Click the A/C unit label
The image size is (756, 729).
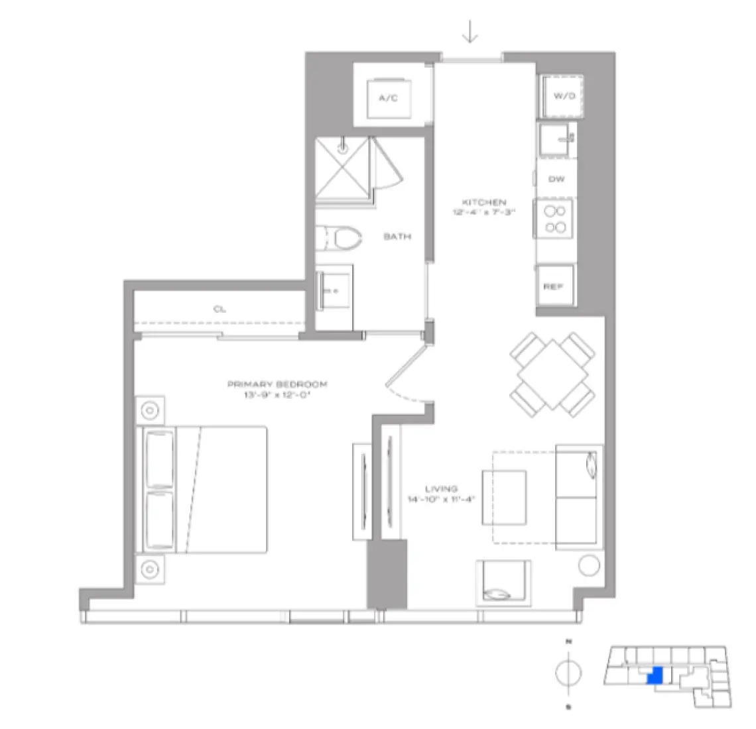click(387, 99)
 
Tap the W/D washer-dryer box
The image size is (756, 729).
click(563, 96)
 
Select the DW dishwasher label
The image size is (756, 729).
click(556, 180)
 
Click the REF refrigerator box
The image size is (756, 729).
click(554, 286)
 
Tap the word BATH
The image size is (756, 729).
click(397, 236)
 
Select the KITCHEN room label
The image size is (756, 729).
click(484, 202)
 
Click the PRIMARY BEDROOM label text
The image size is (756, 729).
click(277, 384)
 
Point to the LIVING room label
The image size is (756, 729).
click(441, 489)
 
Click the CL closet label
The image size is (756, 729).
click(220, 309)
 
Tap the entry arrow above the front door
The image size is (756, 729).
click(470, 32)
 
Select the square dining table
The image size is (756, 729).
click(551, 375)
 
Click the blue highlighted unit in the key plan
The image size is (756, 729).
click(655, 676)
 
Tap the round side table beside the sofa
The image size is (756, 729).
click(589, 565)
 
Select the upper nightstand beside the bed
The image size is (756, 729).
click(151, 411)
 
